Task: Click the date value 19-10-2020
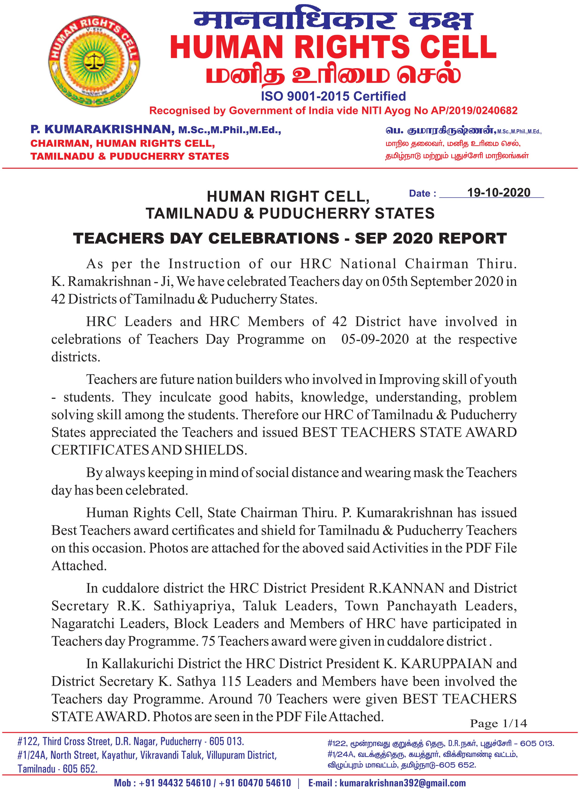pos(499,193)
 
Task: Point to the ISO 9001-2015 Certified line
pos(333,96)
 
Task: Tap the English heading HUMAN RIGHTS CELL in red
pos(333,47)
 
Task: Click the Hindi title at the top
pos(333,18)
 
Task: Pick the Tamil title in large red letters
pos(333,74)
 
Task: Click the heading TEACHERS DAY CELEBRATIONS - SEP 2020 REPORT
pos(290,238)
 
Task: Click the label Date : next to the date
pos(423,193)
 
